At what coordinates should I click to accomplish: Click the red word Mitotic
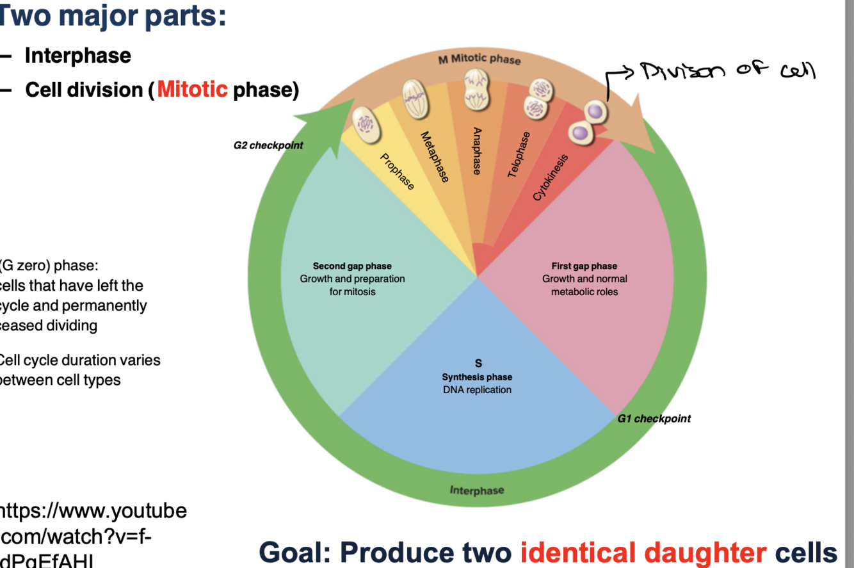(192, 89)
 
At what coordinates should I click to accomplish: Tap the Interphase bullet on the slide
(77, 56)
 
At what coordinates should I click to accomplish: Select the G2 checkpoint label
(268, 145)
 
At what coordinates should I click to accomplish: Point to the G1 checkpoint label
(654, 419)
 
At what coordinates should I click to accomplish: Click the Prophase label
(397, 172)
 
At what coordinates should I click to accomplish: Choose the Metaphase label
(434, 157)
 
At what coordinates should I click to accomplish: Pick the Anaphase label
(476, 150)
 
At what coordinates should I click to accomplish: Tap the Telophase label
(519, 154)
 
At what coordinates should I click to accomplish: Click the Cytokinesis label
(550, 177)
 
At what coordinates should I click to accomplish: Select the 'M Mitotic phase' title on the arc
(479, 60)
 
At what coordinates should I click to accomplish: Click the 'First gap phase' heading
(584, 266)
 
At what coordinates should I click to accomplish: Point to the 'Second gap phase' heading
(352, 266)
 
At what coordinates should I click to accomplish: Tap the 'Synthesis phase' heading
(477, 377)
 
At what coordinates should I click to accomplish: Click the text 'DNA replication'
(477, 389)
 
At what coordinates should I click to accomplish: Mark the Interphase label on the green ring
(477, 491)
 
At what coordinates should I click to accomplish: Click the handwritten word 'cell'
(797, 69)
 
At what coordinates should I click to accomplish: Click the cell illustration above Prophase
(367, 124)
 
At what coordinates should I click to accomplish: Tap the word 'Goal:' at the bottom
(295, 552)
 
